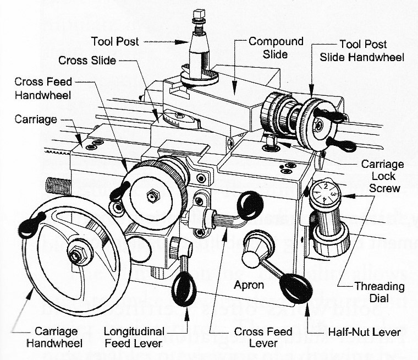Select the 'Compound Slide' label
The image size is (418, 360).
pos(268,48)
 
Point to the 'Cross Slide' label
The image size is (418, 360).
pos(87,59)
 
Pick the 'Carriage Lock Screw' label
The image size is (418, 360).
pos(382,176)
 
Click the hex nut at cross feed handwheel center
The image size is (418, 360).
pos(151,195)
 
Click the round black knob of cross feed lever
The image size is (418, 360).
pos(250,205)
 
